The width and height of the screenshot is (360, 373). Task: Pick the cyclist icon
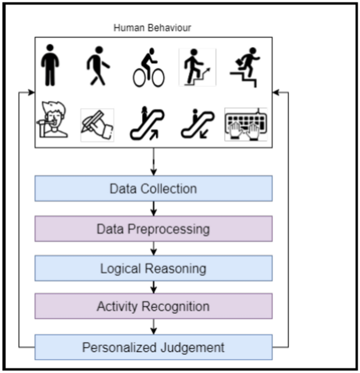149,68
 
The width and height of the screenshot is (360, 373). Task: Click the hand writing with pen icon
97,124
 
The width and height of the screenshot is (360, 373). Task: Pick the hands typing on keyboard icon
246,124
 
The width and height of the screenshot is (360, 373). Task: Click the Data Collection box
153,189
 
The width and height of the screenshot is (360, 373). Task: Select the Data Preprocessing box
153,229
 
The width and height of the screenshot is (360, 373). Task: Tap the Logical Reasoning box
153,268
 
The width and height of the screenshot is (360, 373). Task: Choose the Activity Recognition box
153,307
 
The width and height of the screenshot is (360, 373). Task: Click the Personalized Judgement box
153,347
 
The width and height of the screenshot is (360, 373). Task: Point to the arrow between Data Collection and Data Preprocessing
154,209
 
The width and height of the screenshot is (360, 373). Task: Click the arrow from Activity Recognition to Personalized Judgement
154,327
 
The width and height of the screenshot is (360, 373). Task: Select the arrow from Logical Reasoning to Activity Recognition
154,288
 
